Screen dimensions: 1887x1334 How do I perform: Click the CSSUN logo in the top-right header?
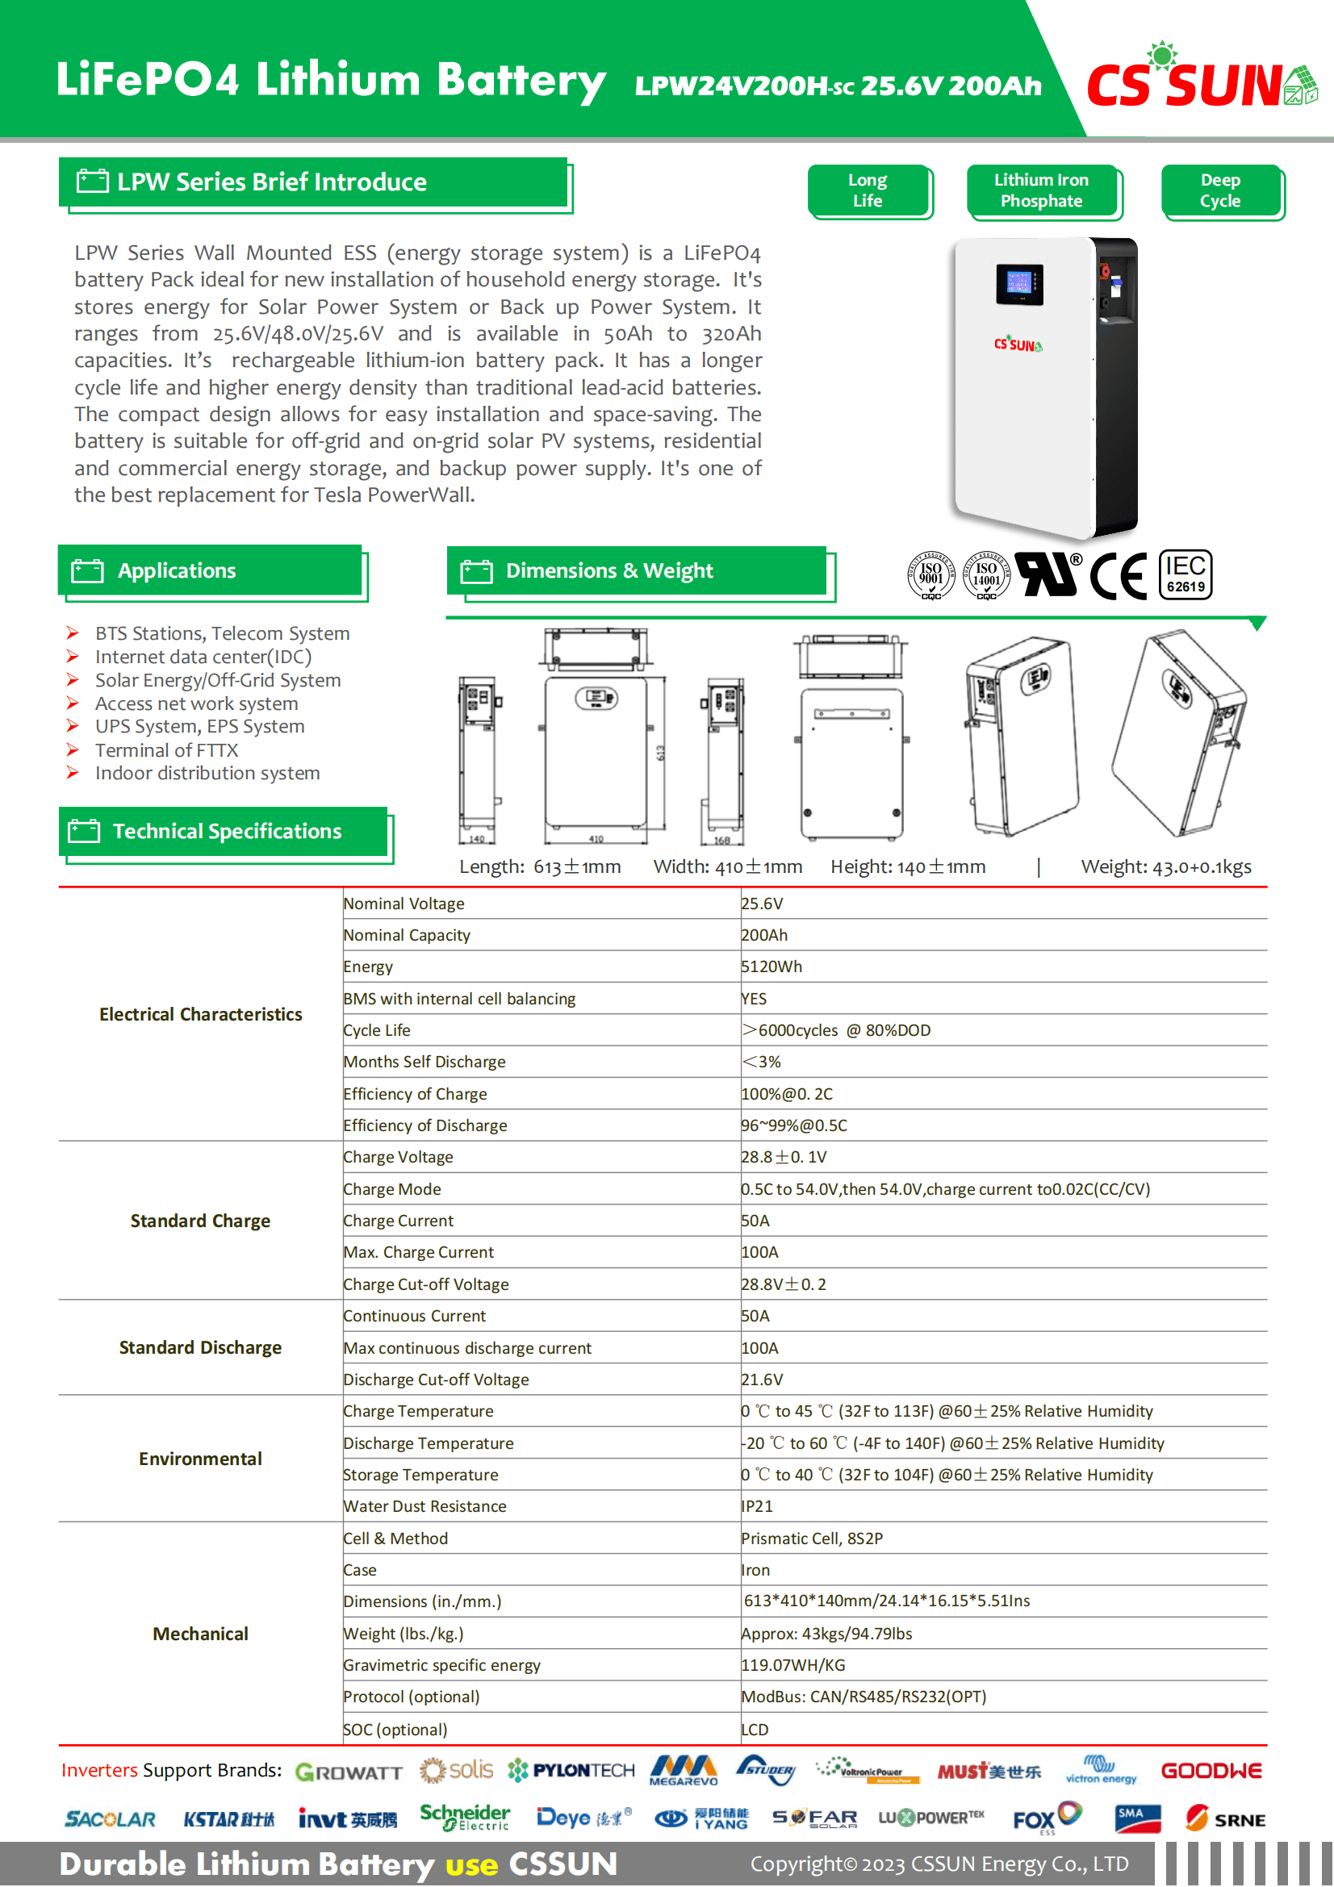1200,81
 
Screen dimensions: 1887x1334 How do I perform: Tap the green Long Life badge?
868,190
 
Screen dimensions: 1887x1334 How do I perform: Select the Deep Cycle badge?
1220,190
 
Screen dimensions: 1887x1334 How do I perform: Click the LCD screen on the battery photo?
1019,283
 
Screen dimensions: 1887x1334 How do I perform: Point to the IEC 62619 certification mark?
1186,575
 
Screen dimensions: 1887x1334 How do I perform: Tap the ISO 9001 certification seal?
930,574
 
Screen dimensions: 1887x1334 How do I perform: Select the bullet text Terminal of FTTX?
167,750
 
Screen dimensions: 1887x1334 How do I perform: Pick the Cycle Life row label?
376,1030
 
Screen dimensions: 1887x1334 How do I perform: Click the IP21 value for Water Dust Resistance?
757,1506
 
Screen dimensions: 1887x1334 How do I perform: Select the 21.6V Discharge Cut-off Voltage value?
762,1380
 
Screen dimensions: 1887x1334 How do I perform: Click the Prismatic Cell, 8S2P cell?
812,1538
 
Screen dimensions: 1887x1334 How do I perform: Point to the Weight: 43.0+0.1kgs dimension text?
1165,867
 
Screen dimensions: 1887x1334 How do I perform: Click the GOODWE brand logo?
1211,1771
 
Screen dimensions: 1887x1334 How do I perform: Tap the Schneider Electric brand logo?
464,1818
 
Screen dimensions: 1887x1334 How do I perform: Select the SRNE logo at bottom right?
1225,1819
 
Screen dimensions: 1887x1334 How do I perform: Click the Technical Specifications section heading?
226,832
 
